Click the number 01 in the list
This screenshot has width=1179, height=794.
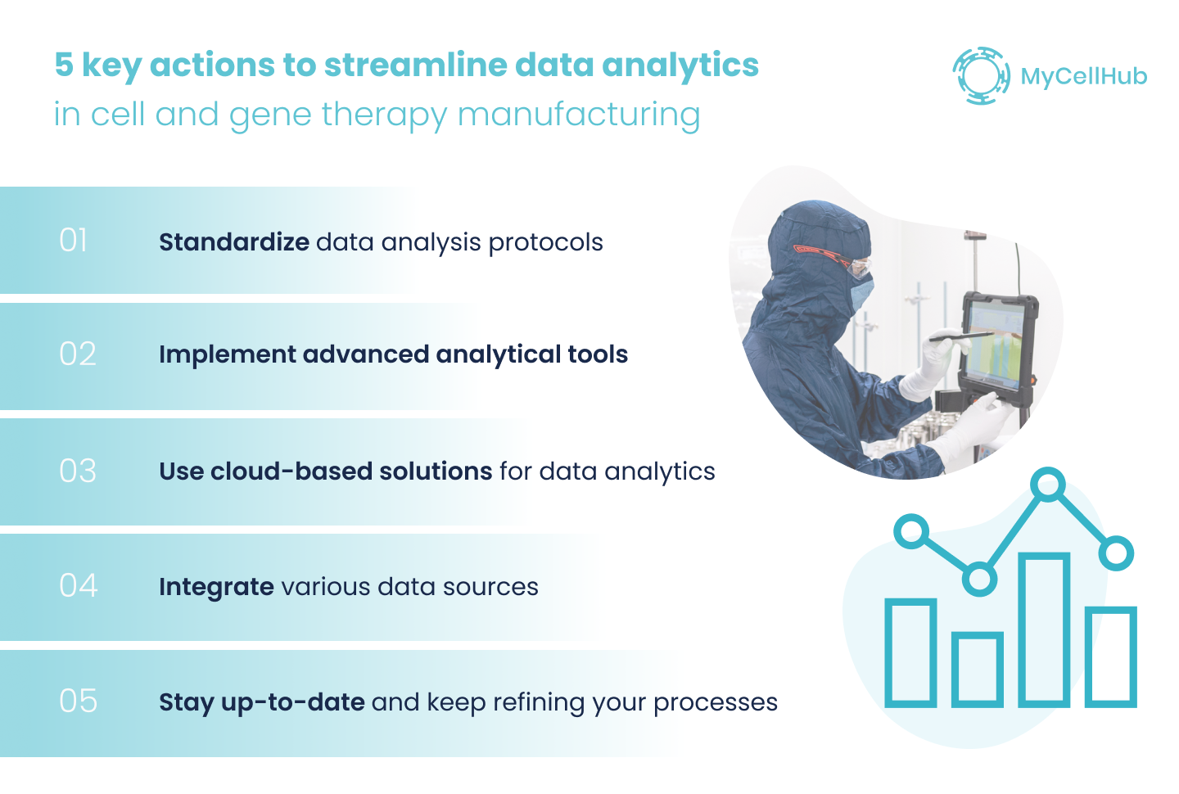[x=74, y=241]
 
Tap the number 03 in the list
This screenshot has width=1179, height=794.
[x=78, y=471]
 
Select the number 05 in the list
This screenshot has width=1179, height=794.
[x=78, y=702]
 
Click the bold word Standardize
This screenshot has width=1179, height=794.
[x=233, y=242]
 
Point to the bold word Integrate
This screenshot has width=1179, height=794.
[x=216, y=587]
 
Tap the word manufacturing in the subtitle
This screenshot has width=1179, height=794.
[x=578, y=115]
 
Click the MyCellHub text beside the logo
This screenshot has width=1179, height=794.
[x=1083, y=77]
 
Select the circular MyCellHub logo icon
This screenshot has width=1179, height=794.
[x=981, y=76]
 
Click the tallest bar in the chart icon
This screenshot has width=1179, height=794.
[x=1044, y=629]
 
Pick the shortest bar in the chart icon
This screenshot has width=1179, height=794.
[x=978, y=669]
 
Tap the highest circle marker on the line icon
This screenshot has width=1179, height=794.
[x=1048, y=485]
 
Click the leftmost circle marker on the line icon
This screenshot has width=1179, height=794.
[x=911, y=531]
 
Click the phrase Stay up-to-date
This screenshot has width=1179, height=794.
[x=261, y=702]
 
